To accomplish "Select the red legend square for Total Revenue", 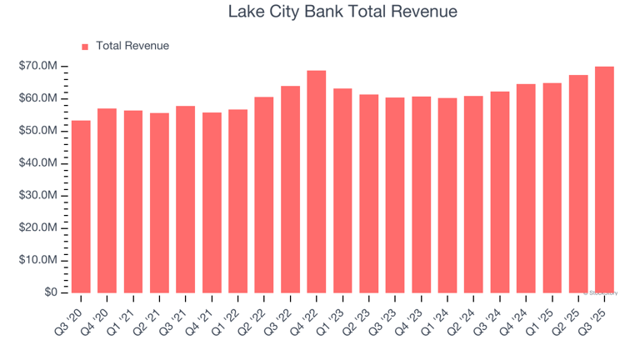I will [x=85, y=47].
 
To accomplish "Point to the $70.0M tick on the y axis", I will [x=39, y=66].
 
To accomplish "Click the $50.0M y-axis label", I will [x=39, y=131].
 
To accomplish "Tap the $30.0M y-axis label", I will [x=39, y=196].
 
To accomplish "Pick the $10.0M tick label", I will [x=39, y=261].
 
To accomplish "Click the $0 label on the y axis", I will [x=51, y=292].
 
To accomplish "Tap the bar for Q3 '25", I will [x=605, y=179].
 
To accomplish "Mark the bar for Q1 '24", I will [x=447, y=195].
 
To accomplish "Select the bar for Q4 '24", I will [x=526, y=188].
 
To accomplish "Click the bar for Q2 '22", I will [x=264, y=195].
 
